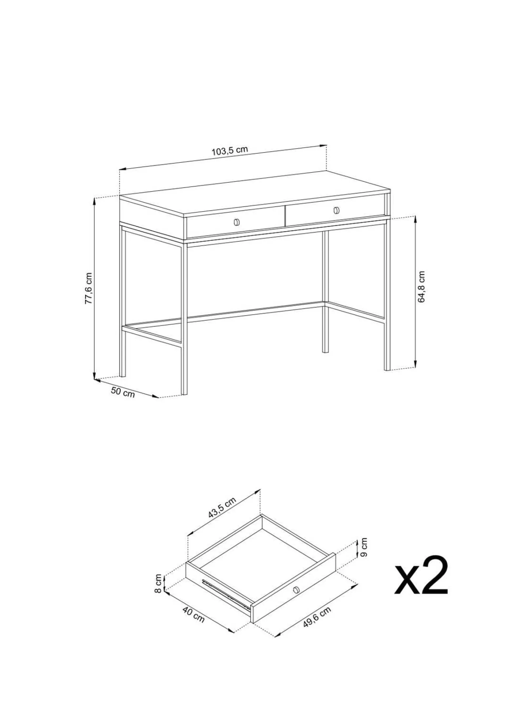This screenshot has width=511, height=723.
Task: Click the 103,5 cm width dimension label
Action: tap(230, 151)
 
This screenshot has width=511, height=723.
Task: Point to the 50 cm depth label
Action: tap(123, 392)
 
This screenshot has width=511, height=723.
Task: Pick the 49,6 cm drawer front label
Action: tap(317, 617)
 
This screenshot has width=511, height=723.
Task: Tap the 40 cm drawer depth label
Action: tap(194, 614)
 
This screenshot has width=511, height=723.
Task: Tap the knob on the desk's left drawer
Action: tap(237, 222)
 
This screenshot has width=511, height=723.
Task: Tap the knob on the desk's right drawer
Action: tap(336, 210)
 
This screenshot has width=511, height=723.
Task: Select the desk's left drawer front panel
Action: tap(236, 222)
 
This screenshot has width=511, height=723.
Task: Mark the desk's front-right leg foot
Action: tap(387, 368)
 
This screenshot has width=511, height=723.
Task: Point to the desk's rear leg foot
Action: tap(325, 350)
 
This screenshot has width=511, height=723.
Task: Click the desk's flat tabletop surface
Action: tap(255, 193)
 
